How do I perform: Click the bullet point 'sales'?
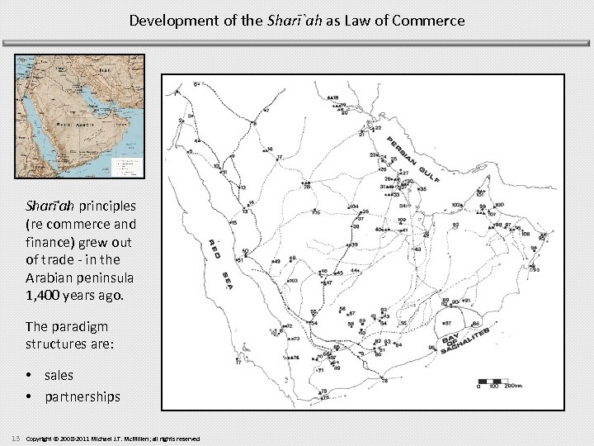coord(59,375)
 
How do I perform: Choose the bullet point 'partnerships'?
coord(82,396)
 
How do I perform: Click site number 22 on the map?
coord(378,129)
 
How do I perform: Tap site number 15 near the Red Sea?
coord(234,223)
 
